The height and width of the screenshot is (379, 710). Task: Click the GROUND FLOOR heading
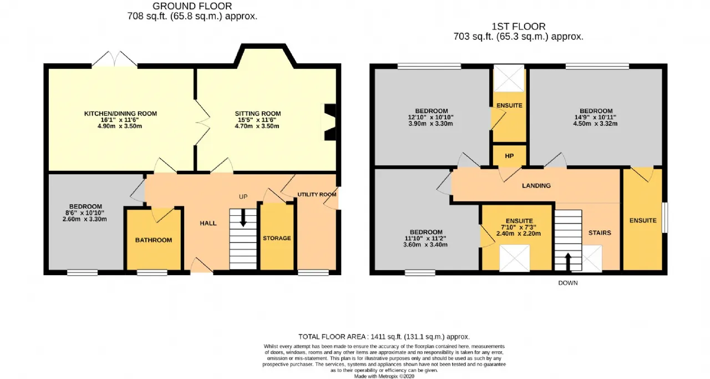(x=192, y=6)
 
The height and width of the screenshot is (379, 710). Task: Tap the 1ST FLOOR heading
(x=518, y=26)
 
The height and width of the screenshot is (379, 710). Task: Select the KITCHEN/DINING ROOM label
(x=120, y=114)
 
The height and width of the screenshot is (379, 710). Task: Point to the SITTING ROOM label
(x=258, y=114)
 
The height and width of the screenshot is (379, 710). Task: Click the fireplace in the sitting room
(x=329, y=122)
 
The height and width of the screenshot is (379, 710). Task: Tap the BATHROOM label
(x=154, y=240)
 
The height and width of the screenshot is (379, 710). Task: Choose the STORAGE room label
(x=277, y=238)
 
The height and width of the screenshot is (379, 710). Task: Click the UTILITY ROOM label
(x=317, y=194)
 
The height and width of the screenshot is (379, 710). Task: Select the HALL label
(x=208, y=223)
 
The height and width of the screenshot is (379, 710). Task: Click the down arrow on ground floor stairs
(x=243, y=218)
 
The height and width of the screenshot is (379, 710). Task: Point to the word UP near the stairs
(x=243, y=196)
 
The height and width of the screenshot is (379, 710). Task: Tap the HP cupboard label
(x=509, y=156)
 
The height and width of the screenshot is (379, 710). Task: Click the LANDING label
(x=536, y=185)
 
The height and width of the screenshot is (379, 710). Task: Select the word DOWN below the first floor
(x=567, y=283)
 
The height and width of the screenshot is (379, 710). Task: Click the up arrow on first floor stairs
(x=567, y=262)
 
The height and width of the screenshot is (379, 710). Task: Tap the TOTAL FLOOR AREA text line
(x=384, y=336)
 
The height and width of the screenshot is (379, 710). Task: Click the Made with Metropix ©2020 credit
(x=384, y=376)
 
